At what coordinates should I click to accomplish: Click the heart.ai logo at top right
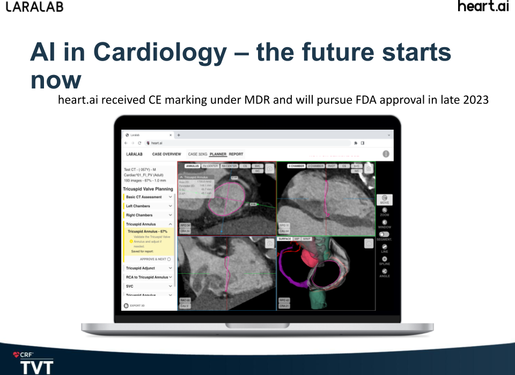pyautogui.click(x=483, y=7)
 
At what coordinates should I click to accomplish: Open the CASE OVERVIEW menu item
pyautogui.click(x=166, y=154)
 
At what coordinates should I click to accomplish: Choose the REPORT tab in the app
pyautogui.click(x=236, y=154)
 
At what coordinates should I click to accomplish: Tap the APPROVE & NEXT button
pyautogui.click(x=155, y=259)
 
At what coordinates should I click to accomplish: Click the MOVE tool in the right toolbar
pyautogui.click(x=384, y=200)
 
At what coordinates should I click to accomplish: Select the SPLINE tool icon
pyautogui.click(x=384, y=260)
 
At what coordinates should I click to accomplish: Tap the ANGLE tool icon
pyautogui.click(x=384, y=273)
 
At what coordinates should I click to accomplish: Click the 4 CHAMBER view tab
pyautogui.click(x=296, y=166)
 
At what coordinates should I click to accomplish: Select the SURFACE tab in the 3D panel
pyautogui.click(x=285, y=238)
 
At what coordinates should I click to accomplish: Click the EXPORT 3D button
pyautogui.click(x=135, y=305)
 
